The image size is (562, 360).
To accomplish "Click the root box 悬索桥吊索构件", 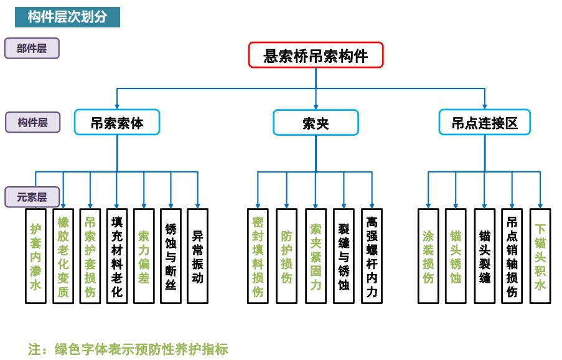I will pyautogui.click(x=316, y=55).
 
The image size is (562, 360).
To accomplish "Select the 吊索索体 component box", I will pyautogui.click(x=117, y=123).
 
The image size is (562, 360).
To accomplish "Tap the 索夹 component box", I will pyautogui.click(x=316, y=123).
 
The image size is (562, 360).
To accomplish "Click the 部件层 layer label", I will pyautogui.click(x=32, y=49).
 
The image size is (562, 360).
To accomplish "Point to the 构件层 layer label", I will pyautogui.click(x=32, y=123).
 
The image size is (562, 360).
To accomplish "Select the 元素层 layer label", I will pyautogui.click(x=32, y=197).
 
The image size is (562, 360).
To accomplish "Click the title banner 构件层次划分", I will pyautogui.click(x=67, y=17).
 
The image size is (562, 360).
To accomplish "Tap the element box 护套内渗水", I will pyautogui.click(x=36, y=256).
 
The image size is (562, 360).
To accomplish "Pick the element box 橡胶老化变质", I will pyautogui.click(x=63, y=256).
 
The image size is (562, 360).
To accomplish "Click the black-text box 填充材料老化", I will pyautogui.click(x=117, y=256).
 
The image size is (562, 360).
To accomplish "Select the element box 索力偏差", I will pyautogui.click(x=144, y=256).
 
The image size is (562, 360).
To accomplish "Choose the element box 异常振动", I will pyautogui.click(x=197, y=256).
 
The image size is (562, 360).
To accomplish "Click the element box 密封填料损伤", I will pyautogui.click(x=258, y=256).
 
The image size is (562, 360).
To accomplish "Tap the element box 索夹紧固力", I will pyautogui.click(x=316, y=256).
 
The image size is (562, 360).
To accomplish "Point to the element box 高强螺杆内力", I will pyautogui.click(x=372, y=256).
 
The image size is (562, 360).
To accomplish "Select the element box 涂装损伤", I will pyautogui.click(x=428, y=256).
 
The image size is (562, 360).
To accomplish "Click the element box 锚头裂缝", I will pyautogui.click(x=484, y=256).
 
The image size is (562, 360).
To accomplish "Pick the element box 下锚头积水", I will pyautogui.click(x=540, y=256).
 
